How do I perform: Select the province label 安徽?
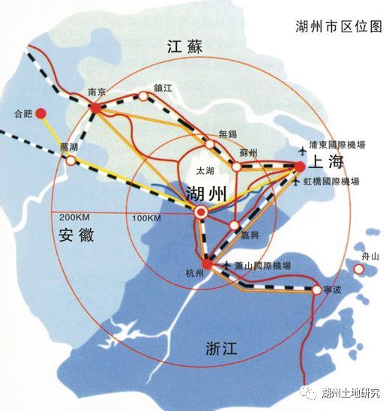[76, 235]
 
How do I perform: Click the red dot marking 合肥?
[42, 114]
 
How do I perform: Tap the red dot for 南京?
[96, 109]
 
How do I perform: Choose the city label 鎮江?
[163, 88]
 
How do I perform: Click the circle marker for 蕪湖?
[71, 160]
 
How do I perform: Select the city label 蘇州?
[248, 153]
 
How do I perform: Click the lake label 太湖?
[205, 171]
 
